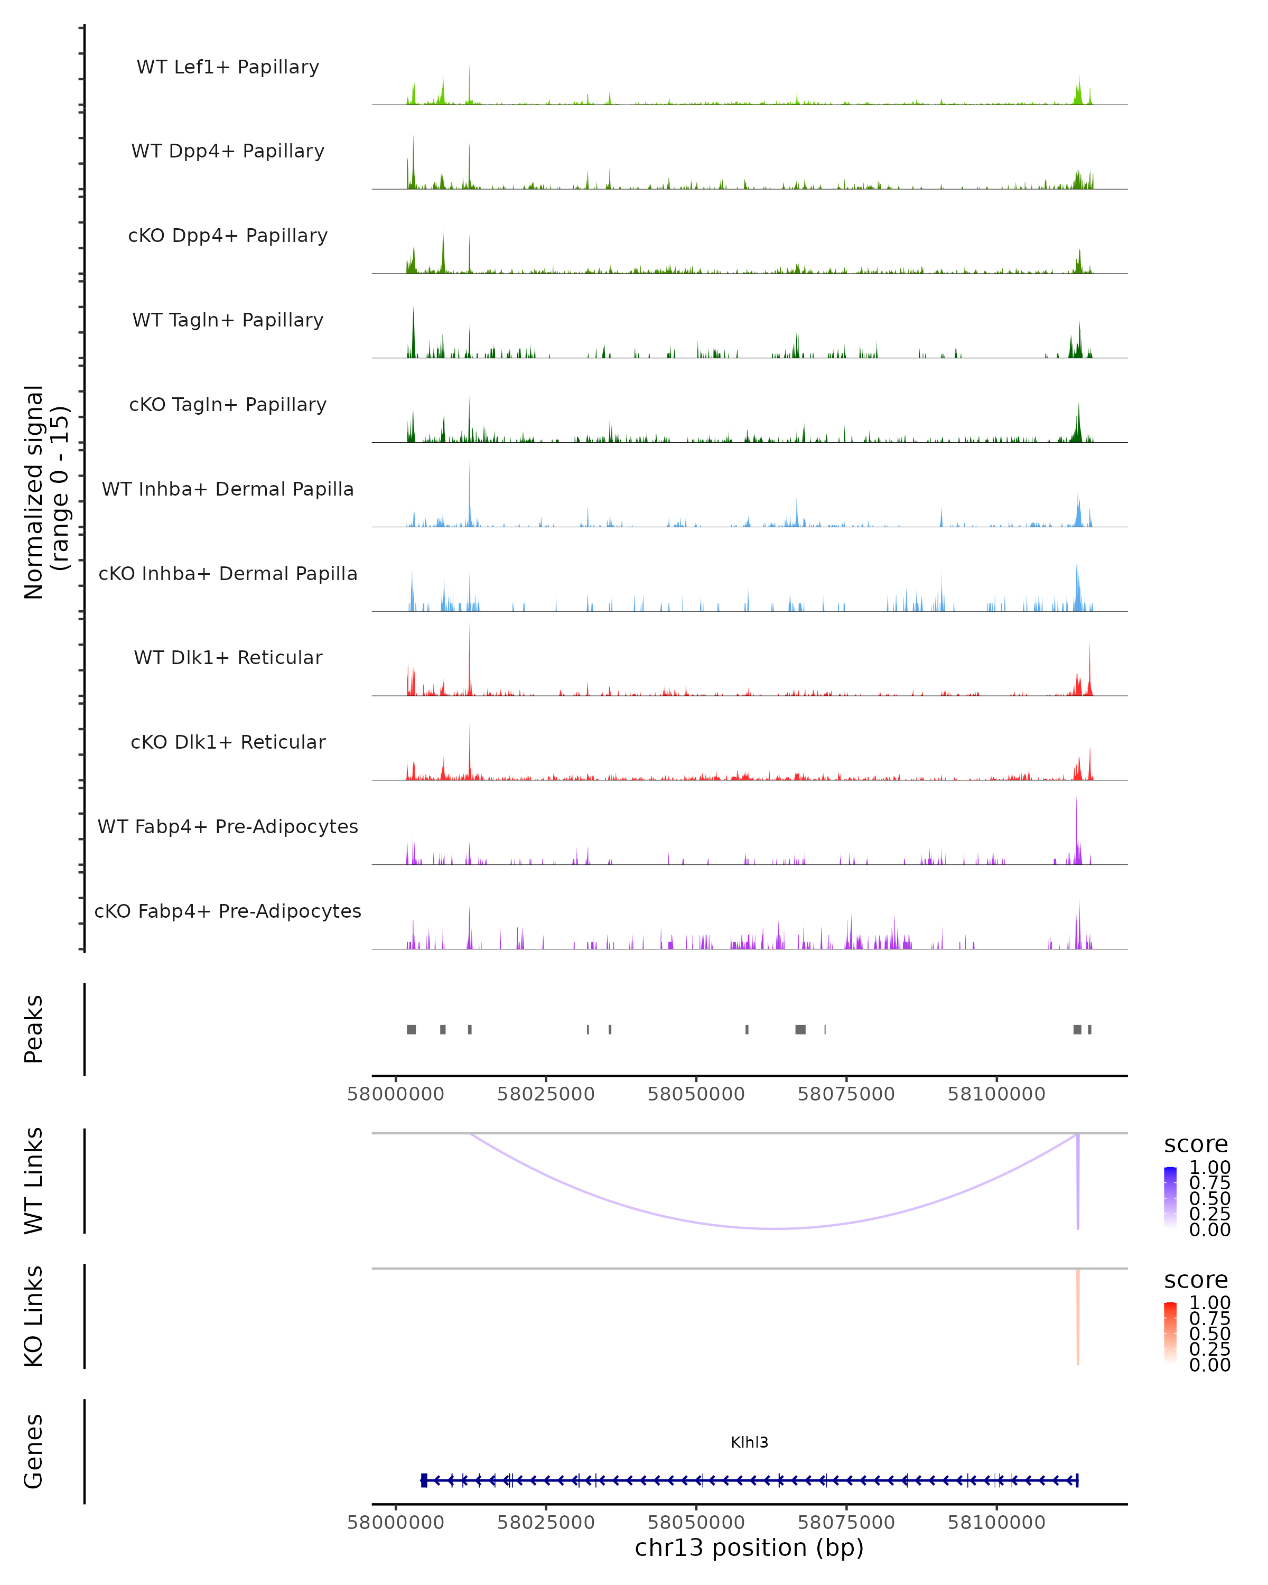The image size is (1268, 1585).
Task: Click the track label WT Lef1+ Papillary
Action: tap(228, 67)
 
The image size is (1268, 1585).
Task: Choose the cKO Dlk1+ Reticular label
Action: tap(228, 742)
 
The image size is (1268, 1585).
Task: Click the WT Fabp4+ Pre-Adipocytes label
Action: tap(228, 826)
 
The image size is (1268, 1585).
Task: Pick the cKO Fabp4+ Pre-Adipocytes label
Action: tap(228, 911)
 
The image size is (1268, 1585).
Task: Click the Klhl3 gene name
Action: tap(749, 1442)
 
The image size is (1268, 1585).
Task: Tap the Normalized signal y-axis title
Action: tap(45, 492)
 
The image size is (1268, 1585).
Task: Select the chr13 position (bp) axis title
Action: tap(749, 1548)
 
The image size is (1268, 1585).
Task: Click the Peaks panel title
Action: tap(34, 1029)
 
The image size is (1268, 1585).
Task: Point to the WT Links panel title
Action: tap(34, 1181)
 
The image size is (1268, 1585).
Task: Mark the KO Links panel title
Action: tap(34, 1316)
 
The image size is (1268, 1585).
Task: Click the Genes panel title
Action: tap(34, 1452)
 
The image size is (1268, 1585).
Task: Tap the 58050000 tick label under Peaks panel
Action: tap(696, 1094)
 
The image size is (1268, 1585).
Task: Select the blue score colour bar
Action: tap(1170, 1198)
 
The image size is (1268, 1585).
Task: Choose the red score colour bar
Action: tap(1170, 1333)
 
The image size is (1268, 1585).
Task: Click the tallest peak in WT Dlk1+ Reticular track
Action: tap(469, 627)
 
